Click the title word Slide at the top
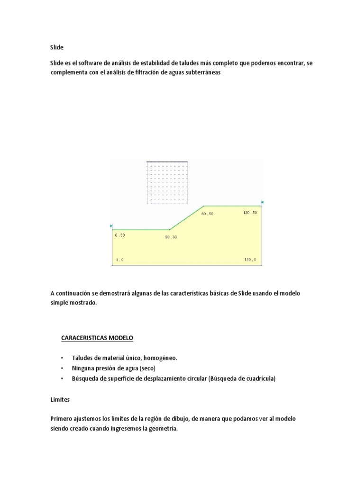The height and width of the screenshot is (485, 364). click(56, 48)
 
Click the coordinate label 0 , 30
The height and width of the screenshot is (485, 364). click(119, 234)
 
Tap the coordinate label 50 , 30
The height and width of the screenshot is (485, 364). click(171, 237)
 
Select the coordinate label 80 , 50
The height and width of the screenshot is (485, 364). click(207, 214)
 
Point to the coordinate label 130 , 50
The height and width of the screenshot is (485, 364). click(250, 213)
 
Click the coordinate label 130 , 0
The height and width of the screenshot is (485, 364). click(250, 260)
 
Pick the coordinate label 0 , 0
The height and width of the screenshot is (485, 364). click(119, 260)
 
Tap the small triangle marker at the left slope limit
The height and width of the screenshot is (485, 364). click(111, 225)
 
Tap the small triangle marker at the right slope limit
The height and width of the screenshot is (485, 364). click(262, 202)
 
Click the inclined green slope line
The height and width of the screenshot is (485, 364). click(187, 218)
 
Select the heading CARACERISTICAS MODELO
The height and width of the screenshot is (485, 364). click(97, 338)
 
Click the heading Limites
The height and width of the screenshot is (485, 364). click(60, 400)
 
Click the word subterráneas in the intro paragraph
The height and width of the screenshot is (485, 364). click(203, 73)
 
